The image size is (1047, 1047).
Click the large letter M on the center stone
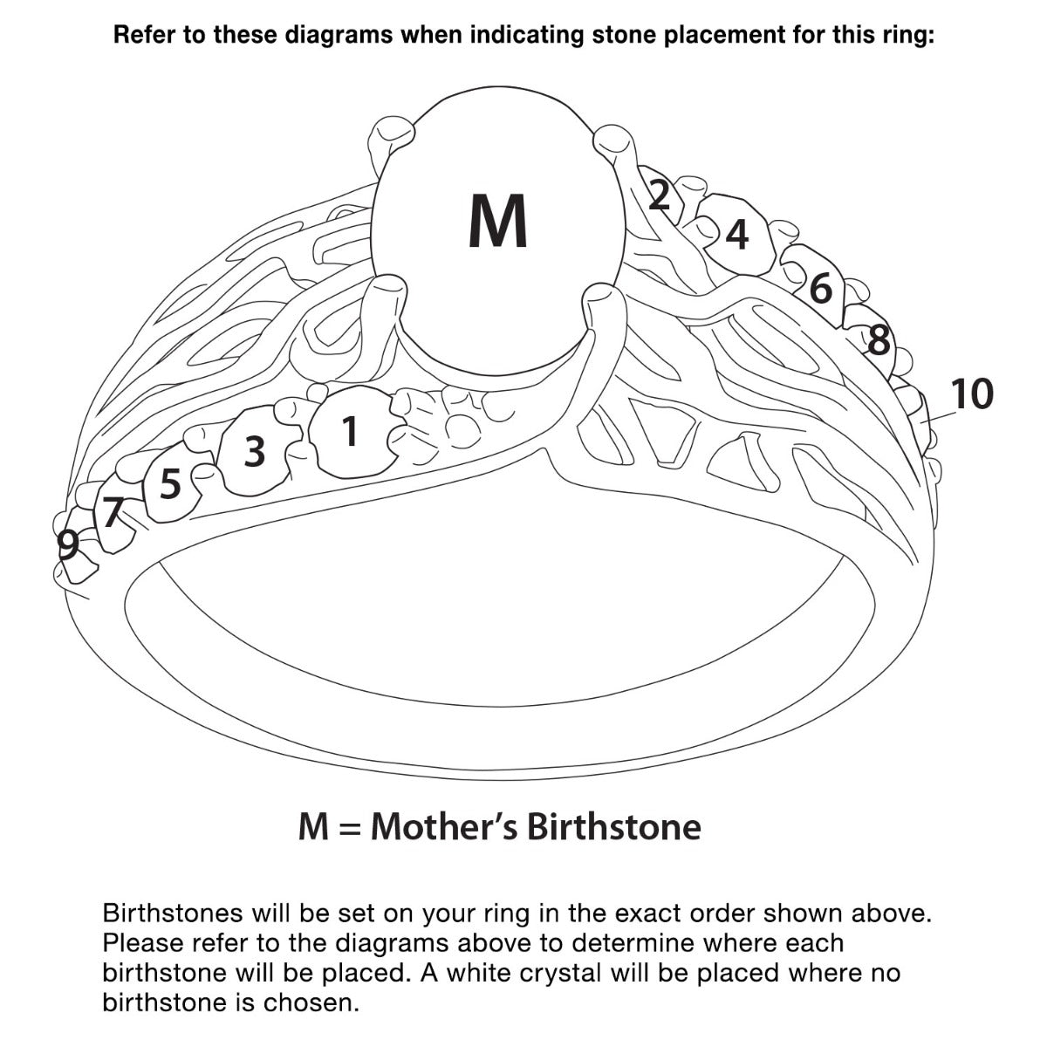point(497,221)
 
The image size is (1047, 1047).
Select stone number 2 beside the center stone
point(659,195)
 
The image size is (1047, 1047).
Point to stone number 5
point(171,483)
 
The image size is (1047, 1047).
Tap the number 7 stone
point(113,512)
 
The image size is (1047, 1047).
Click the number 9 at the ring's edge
point(68,544)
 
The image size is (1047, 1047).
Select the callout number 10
point(972,393)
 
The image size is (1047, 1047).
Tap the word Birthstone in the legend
point(614,827)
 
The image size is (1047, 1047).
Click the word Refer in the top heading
point(142,35)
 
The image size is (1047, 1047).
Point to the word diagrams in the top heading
point(339,36)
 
